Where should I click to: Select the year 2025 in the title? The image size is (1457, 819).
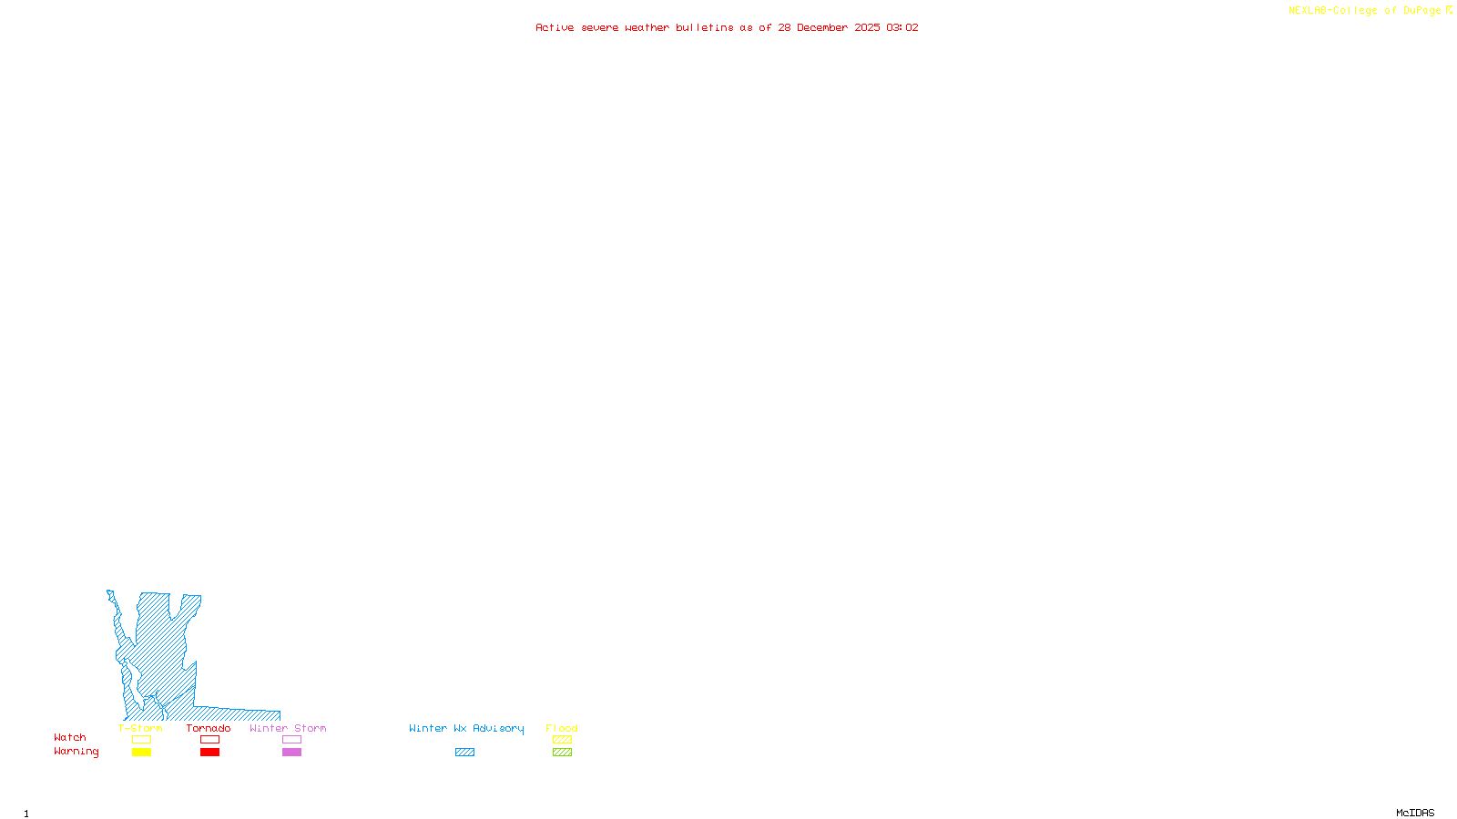click(867, 27)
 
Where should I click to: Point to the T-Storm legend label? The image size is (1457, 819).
click(140, 728)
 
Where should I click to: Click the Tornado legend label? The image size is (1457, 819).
click(209, 728)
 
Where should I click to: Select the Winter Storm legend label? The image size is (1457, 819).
click(288, 728)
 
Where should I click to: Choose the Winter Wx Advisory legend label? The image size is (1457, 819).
click(466, 728)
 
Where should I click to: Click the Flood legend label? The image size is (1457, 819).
click(562, 728)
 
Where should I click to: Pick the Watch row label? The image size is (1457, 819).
click(70, 737)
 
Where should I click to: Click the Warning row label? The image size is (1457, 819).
click(76, 752)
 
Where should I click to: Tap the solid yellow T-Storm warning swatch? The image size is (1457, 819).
click(141, 753)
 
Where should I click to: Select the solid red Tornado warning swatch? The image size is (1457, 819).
click(210, 753)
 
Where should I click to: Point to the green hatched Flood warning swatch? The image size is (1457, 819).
click(563, 753)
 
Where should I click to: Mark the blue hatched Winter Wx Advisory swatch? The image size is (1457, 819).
click(464, 753)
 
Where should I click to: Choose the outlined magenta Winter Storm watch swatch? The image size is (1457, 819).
click(291, 740)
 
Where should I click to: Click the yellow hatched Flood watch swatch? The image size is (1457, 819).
click(563, 740)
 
